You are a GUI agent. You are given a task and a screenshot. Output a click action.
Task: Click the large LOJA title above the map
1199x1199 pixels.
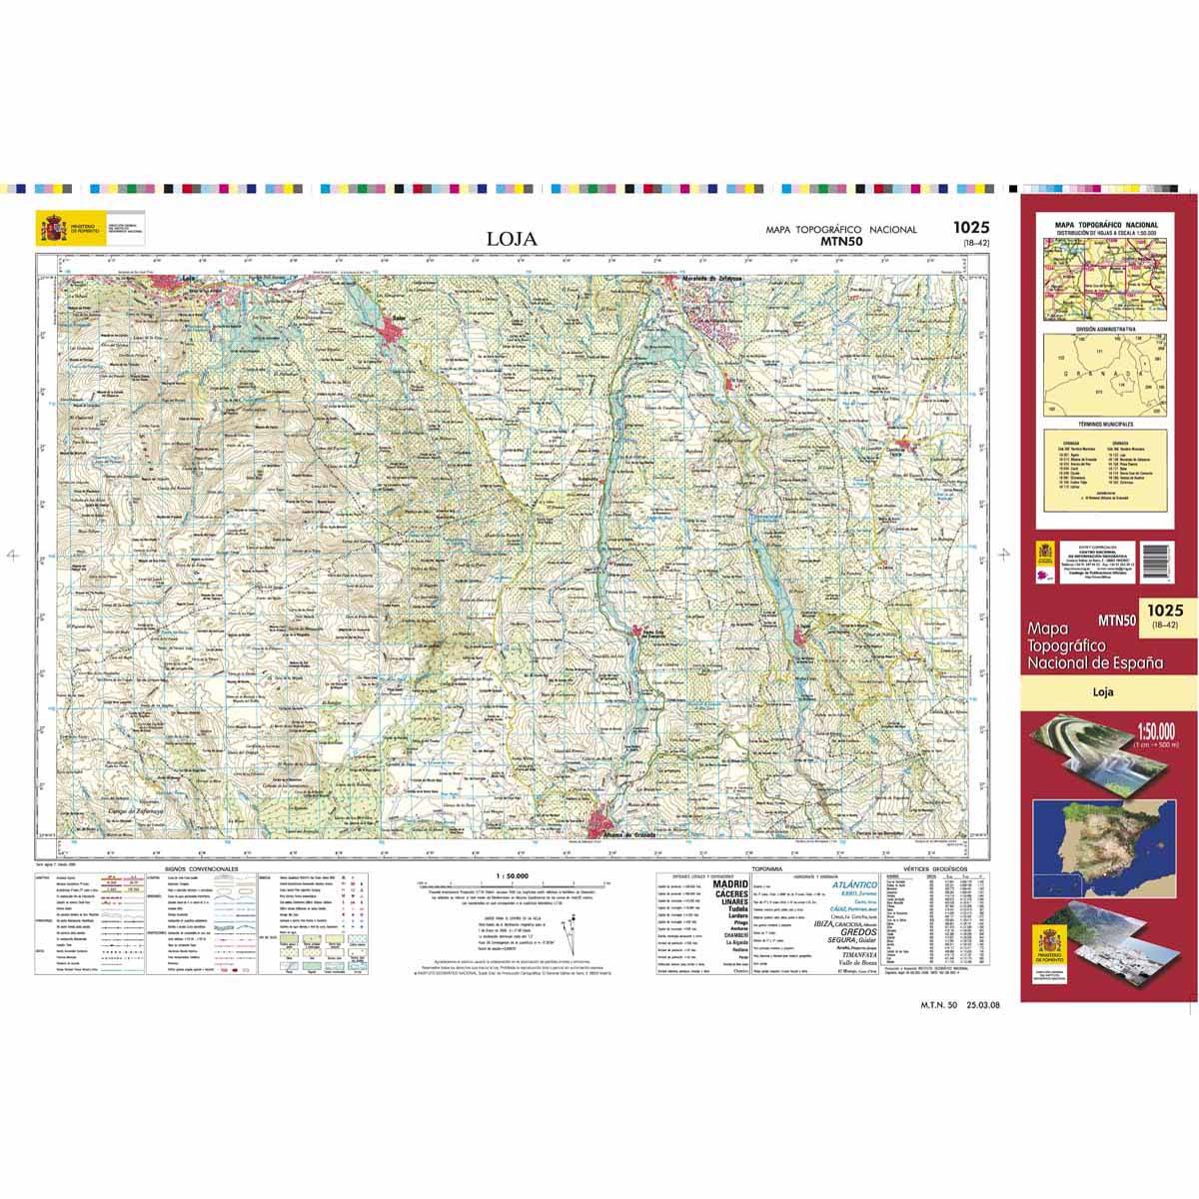[x=512, y=239]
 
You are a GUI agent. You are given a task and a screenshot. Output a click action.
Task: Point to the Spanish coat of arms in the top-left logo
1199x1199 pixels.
[x=52, y=228]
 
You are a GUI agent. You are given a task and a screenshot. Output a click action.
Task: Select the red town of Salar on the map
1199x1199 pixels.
[x=391, y=332]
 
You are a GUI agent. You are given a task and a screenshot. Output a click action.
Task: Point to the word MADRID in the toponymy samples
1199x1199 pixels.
[x=731, y=885]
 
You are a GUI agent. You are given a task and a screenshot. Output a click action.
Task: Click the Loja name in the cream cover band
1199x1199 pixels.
[x=1103, y=690]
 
